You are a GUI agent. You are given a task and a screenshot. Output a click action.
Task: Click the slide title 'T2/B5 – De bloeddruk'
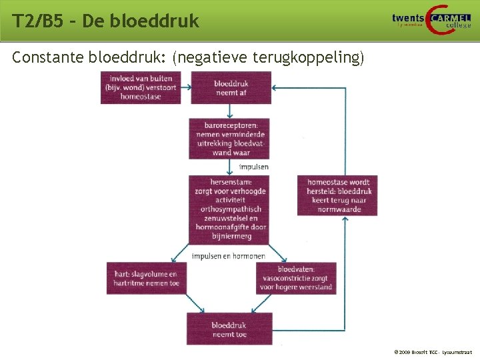105,21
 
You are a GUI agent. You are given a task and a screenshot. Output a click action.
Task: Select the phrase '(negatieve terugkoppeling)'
268,59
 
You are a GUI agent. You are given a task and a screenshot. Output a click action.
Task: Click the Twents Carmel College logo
431,20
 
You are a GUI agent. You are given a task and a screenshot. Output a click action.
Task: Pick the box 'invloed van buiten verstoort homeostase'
141,87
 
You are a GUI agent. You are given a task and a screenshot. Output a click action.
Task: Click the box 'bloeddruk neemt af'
231,87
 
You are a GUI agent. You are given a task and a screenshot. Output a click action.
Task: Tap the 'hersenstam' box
229,209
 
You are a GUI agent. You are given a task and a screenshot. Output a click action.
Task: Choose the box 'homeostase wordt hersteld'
337,195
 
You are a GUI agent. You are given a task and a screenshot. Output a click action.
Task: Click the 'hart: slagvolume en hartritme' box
145,278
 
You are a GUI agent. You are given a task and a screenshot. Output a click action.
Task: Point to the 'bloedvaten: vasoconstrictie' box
295,278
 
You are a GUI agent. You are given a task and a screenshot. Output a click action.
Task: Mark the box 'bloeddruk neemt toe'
229,328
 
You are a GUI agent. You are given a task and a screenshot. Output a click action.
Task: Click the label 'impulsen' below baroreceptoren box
254,167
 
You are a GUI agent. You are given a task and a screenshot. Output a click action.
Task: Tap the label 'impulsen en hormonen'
229,256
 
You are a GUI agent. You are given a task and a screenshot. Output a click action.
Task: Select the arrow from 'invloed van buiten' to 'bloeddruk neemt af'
185,87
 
